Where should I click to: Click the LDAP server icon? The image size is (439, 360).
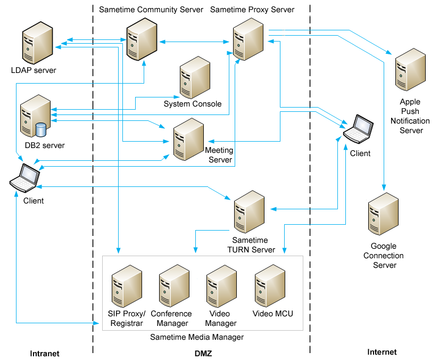point(36,46)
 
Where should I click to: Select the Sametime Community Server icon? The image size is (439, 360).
point(141,39)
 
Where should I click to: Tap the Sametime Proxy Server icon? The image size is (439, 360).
point(249,39)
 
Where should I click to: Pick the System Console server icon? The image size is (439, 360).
point(194,78)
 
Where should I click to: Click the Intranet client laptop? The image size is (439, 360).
point(24,178)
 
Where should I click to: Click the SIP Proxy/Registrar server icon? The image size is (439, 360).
point(126,288)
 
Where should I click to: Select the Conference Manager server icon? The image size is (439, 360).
point(173,288)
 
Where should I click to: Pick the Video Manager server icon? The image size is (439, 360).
point(221,288)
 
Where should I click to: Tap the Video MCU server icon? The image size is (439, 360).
point(270,288)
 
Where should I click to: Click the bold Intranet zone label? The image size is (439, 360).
point(45,353)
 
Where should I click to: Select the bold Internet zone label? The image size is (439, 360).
point(382,352)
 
